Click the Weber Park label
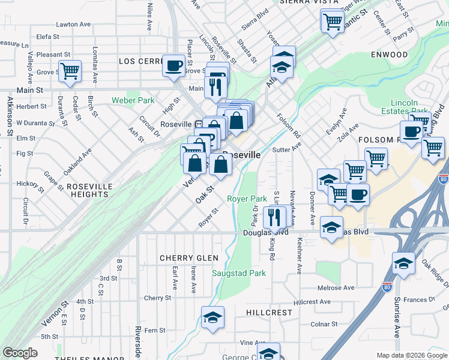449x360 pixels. (x=133, y=101)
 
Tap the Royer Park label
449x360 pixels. (x=247, y=199)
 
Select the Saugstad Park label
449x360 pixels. (x=239, y=273)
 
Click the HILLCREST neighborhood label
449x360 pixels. (x=268, y=313)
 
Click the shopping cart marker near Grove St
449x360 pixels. (x=70, y=71)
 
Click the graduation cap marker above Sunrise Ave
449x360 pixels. (x=403, y=263)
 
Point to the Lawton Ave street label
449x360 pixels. (x=73, y=25)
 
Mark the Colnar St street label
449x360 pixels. (x=325, y=325)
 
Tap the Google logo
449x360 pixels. (x=20, y=353)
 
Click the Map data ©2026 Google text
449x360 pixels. (x=412, y=355)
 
